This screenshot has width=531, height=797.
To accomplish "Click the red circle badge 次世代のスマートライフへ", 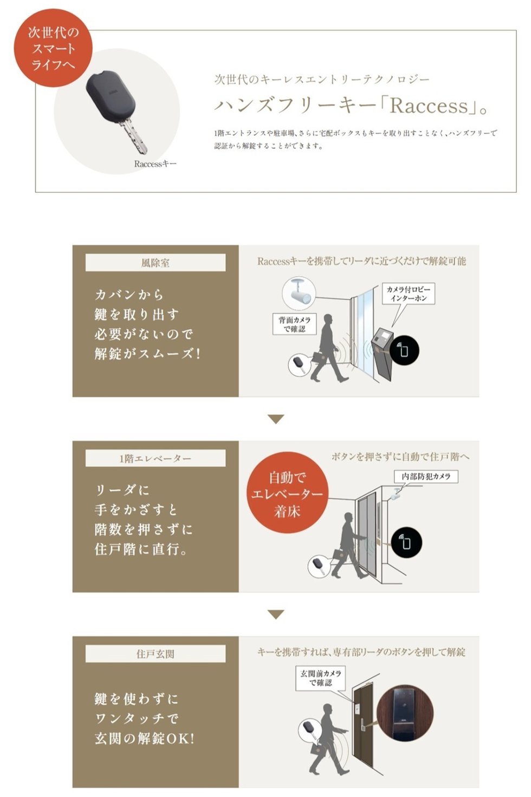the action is click(53, 48).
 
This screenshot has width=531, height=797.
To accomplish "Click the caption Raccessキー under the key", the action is click(155, 164).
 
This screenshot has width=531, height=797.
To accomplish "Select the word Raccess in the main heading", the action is click(429, 106).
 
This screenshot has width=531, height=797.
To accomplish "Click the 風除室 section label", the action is click(156, 263).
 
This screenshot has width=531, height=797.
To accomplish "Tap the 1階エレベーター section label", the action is click(156, 458).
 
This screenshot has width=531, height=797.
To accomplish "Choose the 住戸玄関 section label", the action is click(156, 654).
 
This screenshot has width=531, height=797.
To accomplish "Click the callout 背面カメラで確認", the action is click(294, 324).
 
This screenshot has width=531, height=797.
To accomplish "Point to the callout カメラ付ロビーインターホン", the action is click(409, 294).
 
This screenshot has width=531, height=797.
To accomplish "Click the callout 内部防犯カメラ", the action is click(426, 476).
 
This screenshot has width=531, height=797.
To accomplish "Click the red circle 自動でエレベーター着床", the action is click(287, 494).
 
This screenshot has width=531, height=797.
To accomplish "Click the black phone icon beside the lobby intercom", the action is click(404, 350).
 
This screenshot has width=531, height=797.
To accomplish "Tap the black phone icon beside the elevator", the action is click(406, 543).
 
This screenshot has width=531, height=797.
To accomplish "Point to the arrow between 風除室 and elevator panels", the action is click(276, 419).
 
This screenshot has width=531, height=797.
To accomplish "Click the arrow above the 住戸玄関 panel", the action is click(276, 615).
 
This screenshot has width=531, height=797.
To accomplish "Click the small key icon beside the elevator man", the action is click(319, 566).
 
